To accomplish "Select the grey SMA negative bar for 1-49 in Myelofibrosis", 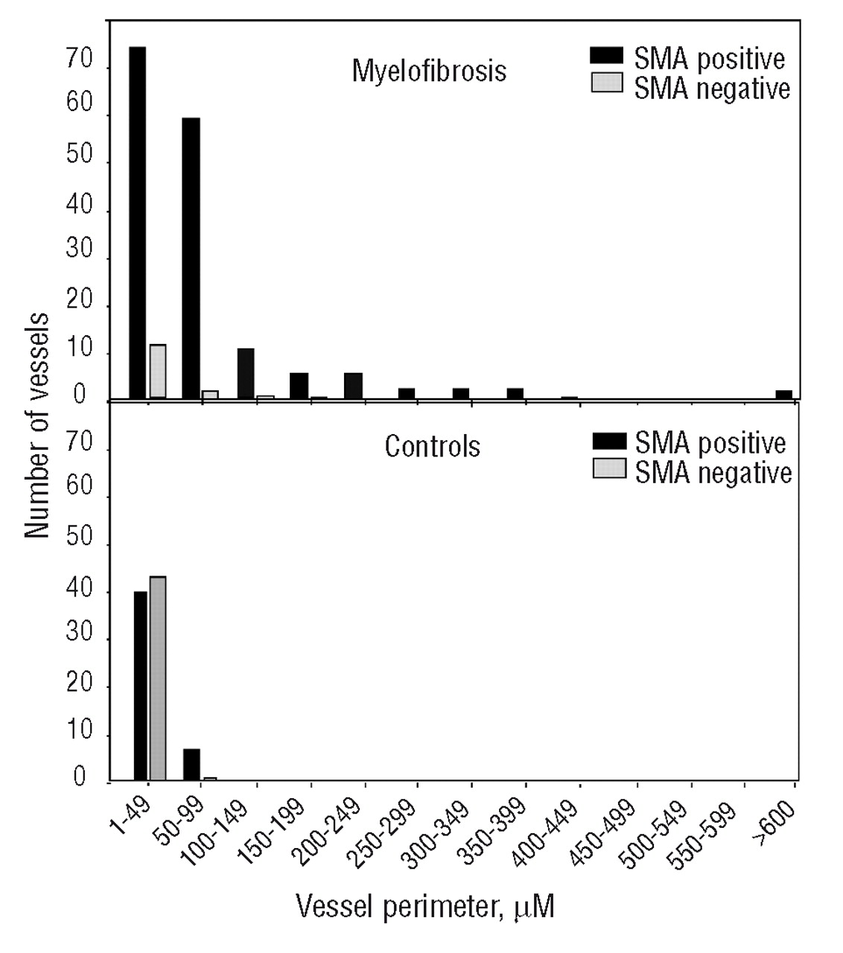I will click(157, 371).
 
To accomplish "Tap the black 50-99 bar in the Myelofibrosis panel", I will click(191, 258).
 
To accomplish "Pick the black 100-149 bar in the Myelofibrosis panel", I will click(246, 373).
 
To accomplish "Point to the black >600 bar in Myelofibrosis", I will click(783, 395).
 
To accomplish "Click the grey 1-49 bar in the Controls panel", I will click(157, 678).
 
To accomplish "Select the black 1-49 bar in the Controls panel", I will click(140, 686).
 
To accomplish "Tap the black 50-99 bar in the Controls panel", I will click(191, 765).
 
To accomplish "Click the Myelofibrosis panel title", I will click(429, 71).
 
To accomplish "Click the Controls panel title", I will click(432, 447).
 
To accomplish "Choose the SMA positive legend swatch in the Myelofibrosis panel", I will click(608, 55).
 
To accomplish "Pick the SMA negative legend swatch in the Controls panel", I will click(609, 469).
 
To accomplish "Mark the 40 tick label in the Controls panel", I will click(79, 590).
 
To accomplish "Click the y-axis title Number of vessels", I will click(36, 424).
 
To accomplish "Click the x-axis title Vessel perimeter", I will click(424, 907).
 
